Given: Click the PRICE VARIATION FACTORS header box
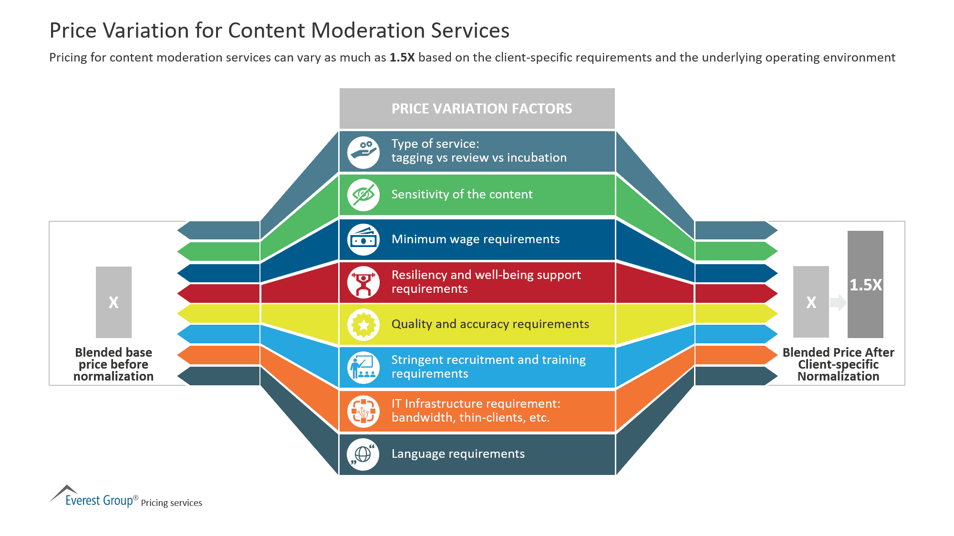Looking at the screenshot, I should [x=477, y=109].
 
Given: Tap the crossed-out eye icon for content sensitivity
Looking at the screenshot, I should [x=363, y=195].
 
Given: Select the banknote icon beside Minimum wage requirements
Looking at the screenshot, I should [x=363, y=239].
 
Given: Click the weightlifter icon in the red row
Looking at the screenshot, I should [x=363, y=282].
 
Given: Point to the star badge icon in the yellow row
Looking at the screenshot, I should [x=363, y=325].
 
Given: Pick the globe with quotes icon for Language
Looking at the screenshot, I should [x=363, y=454].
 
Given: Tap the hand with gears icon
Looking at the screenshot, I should [x=363, y=152].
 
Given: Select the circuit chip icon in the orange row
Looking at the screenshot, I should [x=363, y=411].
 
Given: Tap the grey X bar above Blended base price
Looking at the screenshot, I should [x=114, y=302].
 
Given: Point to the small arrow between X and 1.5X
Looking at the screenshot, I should [x=838, y=302].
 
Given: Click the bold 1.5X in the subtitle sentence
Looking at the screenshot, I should [x=402, y=58].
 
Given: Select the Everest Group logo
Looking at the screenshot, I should [x=93, y=497].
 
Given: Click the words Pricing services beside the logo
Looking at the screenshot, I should [x=171, y=503].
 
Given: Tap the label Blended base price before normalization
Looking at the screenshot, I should [x=114, y=364].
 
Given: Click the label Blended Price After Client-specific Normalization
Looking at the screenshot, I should [x=838, y=364].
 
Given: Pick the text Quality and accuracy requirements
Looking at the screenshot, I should [x=490, y=324].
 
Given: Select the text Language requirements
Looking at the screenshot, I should [x=458, y=454].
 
